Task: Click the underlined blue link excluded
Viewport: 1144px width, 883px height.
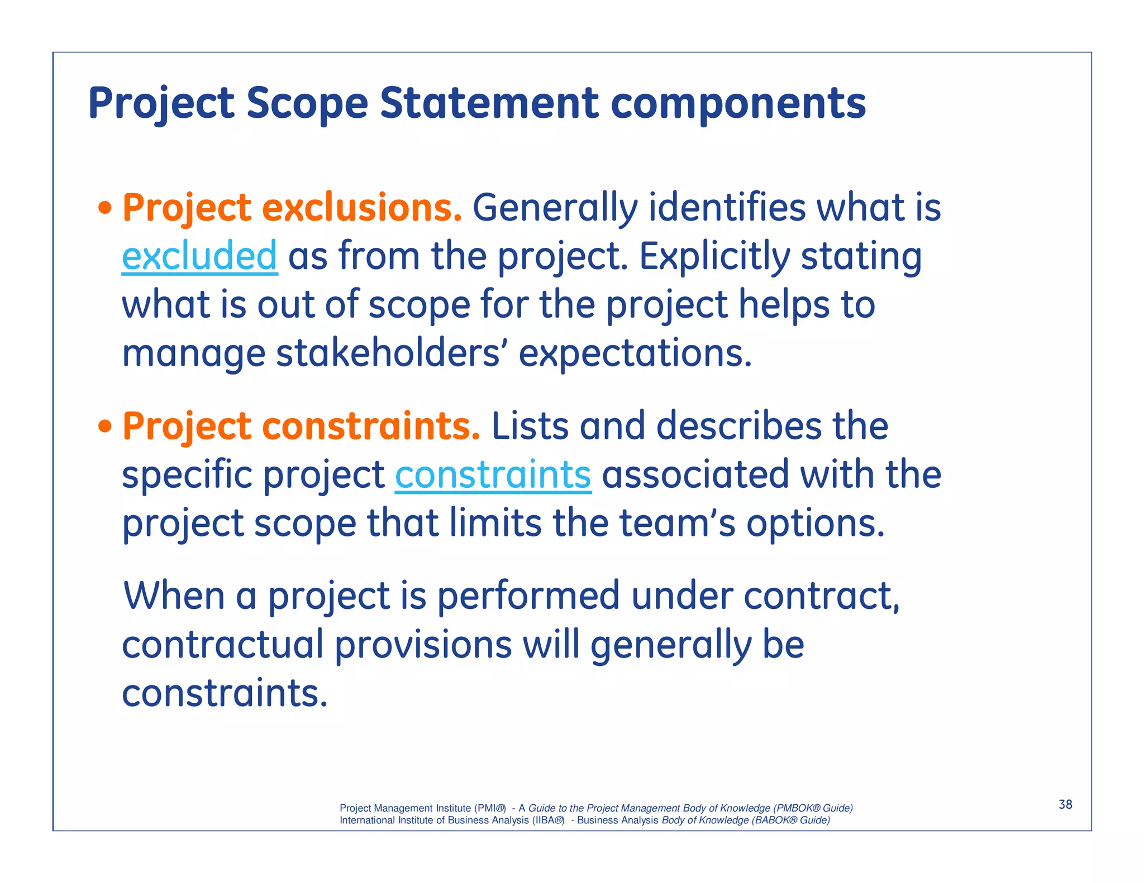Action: point(199,256)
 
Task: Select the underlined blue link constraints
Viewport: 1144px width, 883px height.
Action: point(493,475)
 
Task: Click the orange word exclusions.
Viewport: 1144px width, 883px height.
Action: point(362,208)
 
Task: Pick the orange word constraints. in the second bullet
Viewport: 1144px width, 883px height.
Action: point(371,426)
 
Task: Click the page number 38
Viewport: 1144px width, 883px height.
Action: point(1065,804)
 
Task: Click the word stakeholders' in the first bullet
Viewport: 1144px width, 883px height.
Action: point(388,354)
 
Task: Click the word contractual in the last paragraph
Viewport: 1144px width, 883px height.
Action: point(222,645)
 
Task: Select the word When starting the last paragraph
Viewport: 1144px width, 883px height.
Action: point(174,596)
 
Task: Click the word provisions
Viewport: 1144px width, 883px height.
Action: point(423,646)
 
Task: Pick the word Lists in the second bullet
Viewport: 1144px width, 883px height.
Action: point(530,426)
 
